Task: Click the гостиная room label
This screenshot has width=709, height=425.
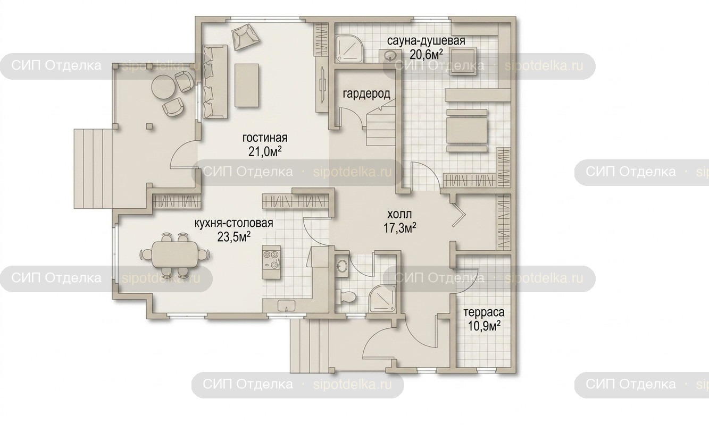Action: [265, 138]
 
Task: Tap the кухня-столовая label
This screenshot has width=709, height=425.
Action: [233, 223]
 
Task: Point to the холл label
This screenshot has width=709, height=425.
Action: [399, 215]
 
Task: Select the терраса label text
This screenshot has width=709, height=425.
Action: [484, 312]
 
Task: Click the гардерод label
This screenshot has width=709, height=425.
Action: [366, 94]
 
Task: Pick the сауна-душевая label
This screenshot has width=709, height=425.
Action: [426, 41]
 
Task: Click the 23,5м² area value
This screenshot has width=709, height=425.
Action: [234, 236]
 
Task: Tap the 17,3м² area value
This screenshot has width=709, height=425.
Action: [400, 228]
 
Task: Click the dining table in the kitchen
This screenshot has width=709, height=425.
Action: [174, 255]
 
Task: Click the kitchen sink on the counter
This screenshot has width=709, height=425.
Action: [287, 306]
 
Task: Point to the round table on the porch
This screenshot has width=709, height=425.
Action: [163, 88]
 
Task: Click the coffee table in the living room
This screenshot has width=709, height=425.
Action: [247, 85]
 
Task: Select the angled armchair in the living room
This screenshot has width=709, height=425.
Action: [246, 37]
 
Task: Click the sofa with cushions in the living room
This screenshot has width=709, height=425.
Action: [215, 82]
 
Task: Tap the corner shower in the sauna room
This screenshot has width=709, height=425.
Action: [349, 49]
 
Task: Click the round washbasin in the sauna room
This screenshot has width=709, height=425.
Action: [389, 56]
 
